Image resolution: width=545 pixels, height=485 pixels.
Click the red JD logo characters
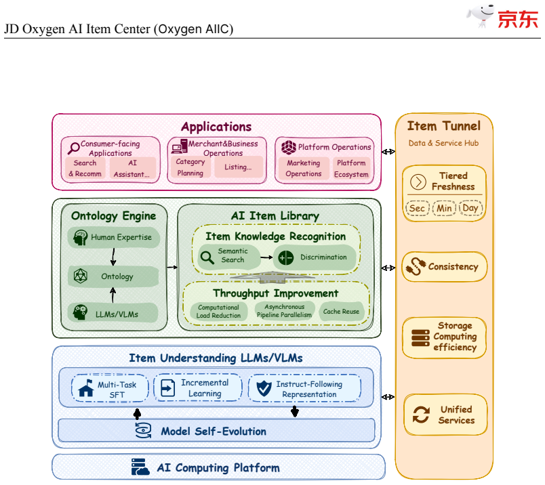tap(517, 19)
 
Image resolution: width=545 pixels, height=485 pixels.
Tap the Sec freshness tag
tap(417, 208)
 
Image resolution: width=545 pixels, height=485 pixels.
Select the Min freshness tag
tap(444, 208)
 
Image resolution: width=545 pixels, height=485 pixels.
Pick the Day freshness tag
tap(470, 208)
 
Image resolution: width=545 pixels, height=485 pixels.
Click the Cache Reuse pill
tap(342, 312)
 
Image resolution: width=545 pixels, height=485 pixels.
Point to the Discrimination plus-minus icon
tap(285, 258)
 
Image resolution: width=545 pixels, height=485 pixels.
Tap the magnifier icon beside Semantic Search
tap(207, 257)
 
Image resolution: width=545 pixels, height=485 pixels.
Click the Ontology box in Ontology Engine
tap(113, 276)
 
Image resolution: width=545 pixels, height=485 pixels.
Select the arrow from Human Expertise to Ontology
tap(113, 257)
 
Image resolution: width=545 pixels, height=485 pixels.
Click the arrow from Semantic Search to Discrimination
tap(266, 257)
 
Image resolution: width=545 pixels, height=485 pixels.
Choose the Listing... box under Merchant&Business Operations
tap(239, 167)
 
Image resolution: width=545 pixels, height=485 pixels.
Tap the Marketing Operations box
tap(304, 168)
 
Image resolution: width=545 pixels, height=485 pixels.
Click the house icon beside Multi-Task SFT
tap(86, 388)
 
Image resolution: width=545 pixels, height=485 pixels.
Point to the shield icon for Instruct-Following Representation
tap(264, 388)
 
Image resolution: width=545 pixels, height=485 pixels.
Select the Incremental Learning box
tap(198, 387)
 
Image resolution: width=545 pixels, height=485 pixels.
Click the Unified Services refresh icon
tap(421, 415)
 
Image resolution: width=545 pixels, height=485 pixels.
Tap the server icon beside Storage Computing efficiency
tap(420, 338)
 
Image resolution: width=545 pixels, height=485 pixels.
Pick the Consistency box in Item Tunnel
tap(444, 267)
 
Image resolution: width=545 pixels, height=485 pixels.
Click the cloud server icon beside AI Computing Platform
tap(140, 467)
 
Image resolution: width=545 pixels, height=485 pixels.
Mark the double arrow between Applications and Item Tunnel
tap(388, 152)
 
